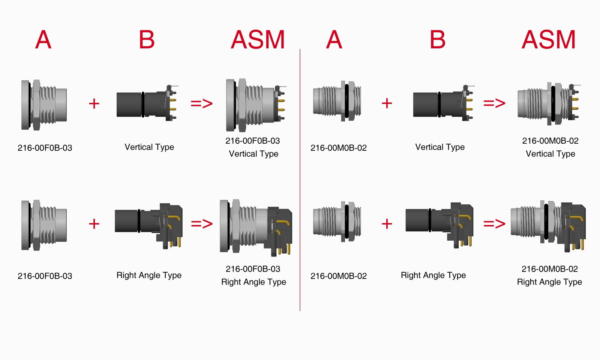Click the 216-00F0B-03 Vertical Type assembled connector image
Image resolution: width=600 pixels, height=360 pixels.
[x=255, y=105]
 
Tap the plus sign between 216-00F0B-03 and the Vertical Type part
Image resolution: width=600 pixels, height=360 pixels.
[x=94, y=103]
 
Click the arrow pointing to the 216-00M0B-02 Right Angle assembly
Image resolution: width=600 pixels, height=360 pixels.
[x=494, y=224]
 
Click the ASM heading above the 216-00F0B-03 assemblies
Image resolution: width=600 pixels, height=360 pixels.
[x=258, y=40]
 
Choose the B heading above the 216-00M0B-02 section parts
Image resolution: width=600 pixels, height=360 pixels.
[x=438, y=40]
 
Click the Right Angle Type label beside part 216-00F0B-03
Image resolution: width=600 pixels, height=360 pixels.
[x=149, y=275]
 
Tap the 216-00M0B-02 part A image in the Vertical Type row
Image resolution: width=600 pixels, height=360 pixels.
[x=337, y=101]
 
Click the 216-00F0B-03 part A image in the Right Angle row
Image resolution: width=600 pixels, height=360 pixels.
[x=44, y=225]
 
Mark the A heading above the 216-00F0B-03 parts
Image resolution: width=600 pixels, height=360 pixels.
[x=43, y=40]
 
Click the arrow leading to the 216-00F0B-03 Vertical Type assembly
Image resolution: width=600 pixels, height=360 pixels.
[x=202, y=103]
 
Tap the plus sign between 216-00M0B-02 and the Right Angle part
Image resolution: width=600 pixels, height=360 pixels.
[x=387, y=224]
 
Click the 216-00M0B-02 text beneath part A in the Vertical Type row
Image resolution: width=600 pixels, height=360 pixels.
[x=339, y=148]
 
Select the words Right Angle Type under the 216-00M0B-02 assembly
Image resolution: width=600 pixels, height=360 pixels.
[x=549, y=282]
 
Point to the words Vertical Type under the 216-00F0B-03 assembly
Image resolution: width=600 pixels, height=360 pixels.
[x=253, y=154]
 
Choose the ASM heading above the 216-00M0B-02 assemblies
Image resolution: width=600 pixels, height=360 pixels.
[x=549, y=40]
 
